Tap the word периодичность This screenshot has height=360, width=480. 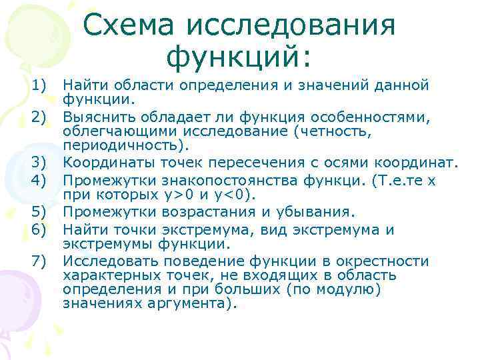click(124, 146)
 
